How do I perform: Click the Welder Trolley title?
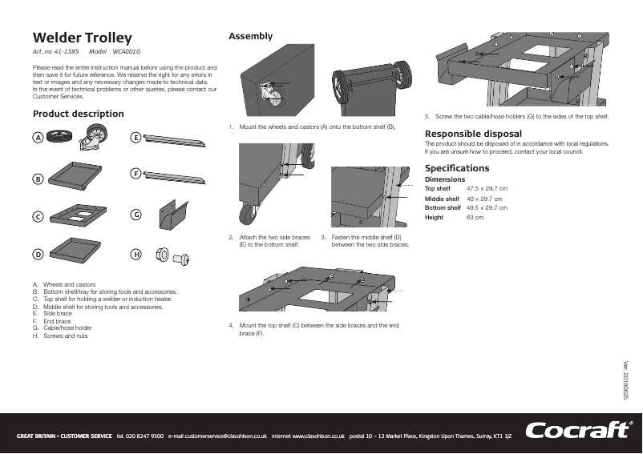(82, 38)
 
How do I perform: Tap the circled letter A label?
(37, 138)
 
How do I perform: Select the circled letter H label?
(136, 254)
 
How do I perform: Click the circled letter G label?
(136, 215)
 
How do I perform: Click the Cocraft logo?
(577, 431)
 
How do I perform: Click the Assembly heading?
(251, 36)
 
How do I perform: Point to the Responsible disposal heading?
(473, 133)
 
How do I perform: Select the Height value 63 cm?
(475, 217)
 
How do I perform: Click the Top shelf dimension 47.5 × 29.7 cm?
(487, 188)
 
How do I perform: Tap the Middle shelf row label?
(442, 198)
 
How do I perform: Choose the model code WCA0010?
(127, 51)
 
